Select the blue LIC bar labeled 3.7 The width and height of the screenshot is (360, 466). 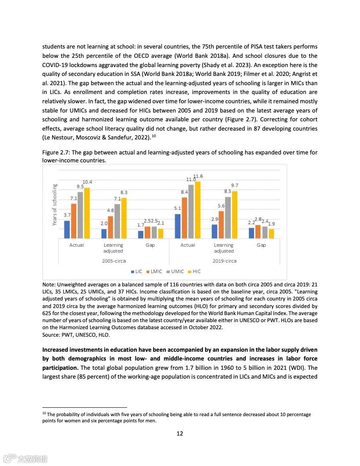click(x=67, y=229)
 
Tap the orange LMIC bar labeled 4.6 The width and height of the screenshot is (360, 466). click(x=111, y=227)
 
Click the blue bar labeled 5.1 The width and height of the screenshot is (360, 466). click(x=178, y=226)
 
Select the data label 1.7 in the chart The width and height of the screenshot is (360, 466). click(x=141, y=225)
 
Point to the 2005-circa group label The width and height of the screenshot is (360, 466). click(x=114, y=261)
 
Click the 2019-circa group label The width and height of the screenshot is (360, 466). click(x=224, y=261)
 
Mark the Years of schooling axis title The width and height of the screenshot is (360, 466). click(x=55, y=205)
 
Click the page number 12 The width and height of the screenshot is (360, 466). click(x=180, y=433)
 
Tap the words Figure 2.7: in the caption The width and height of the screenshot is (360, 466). click(x=56, y=153)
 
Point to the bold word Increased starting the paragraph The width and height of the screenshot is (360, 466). click(x=57, y=350)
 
